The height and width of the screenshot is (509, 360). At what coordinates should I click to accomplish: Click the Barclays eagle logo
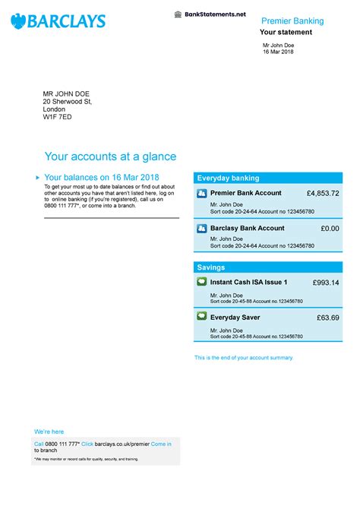coord(18,21)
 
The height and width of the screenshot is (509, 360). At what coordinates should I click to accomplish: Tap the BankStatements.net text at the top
coord(215,14)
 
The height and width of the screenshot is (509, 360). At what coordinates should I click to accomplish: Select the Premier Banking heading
coord(292,21)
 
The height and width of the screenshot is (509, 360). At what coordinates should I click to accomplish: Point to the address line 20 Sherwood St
coord(68,101)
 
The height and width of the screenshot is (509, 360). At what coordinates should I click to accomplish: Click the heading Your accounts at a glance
coord(111,156)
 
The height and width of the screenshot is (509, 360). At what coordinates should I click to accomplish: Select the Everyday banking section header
coord(229,178)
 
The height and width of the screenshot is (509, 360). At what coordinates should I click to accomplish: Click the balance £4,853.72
coord(317,194)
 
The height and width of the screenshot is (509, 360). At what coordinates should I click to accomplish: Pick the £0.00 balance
coord(330,228)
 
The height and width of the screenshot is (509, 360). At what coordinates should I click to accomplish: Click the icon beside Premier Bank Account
coord(202,194)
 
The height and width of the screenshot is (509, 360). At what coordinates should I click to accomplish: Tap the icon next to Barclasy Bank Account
coord(202,228)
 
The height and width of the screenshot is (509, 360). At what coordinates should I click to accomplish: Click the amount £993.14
coord(326,283)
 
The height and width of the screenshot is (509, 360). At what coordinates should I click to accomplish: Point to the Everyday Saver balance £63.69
coord(328,317)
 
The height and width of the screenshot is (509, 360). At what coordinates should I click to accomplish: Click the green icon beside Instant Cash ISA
coord(202,282)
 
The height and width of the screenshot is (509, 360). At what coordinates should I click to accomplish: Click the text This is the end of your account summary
coord(243,358)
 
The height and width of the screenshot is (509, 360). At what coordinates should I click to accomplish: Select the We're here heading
coord(49,432)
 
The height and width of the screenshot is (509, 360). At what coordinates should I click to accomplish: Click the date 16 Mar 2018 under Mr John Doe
coord(278,52)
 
